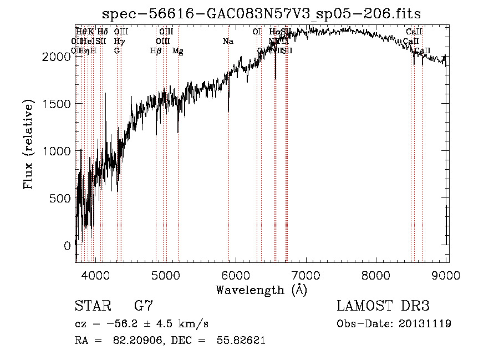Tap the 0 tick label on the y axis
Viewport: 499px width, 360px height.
(x=67, y=245)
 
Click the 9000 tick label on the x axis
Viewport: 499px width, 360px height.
(x=447, y=275)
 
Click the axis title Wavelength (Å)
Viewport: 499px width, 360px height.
(x=261, y=290)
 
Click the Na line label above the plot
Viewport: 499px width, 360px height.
(x=228, y=41)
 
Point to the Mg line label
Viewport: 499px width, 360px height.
(x=178, y=51)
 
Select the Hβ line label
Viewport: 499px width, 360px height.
(x=156, y=51)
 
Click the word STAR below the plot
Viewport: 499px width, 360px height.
(x=93, y=306)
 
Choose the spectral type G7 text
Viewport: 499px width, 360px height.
(x=144, y=306)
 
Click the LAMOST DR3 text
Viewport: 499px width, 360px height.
(x=383, y=306)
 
